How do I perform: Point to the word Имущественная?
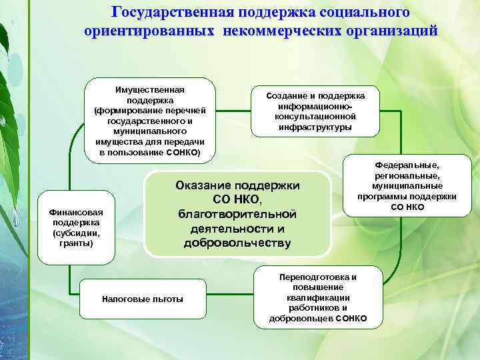coord(150,89)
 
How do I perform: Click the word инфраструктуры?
coord(315,127)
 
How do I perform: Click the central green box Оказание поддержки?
coord(237,213)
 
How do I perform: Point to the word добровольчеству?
coord(237,243)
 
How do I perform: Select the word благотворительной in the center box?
coord(237,214)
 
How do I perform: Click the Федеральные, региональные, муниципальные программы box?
coord(407,186)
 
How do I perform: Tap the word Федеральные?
coord(407,165)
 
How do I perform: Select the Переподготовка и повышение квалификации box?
coord(318,297)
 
